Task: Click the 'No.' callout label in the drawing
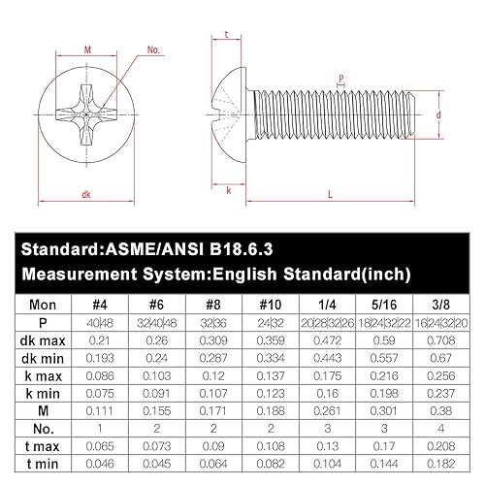[x=152, y=48]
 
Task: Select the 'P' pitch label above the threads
[x=341, y=77]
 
